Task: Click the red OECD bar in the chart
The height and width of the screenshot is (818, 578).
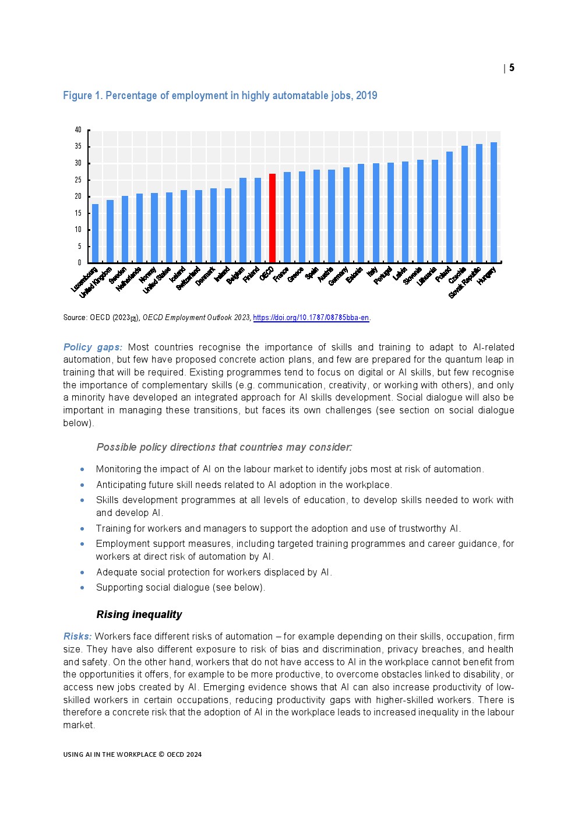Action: coord(272,218)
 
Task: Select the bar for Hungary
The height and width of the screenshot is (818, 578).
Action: coord(494,202)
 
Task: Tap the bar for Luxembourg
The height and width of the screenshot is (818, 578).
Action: coord(95,233)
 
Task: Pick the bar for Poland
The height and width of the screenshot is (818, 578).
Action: coord(449,207)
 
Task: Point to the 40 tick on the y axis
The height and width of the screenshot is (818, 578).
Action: coord(78,130)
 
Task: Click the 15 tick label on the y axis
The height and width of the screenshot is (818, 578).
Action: coord(78,213)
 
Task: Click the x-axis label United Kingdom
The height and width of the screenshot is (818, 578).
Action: coord(96,283)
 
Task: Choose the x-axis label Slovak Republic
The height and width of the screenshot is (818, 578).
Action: coord(465,283)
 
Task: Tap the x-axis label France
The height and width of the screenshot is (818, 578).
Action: coord(281,274)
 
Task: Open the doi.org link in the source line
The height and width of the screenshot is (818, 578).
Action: coord(311,318)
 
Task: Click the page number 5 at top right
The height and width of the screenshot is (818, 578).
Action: coord(512,68)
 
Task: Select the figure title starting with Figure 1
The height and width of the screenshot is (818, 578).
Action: coord(220,96)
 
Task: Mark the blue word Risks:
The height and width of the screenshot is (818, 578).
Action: coord(77,636)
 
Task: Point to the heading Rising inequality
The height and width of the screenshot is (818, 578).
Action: coord(139,615)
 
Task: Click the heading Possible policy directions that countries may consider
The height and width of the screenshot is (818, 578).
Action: coord(224,447)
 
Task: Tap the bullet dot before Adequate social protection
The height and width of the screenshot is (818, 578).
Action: coord(82,573)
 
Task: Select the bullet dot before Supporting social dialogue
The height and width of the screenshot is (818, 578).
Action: coord(82,588)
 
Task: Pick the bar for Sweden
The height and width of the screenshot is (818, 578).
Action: coord(125,229)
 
